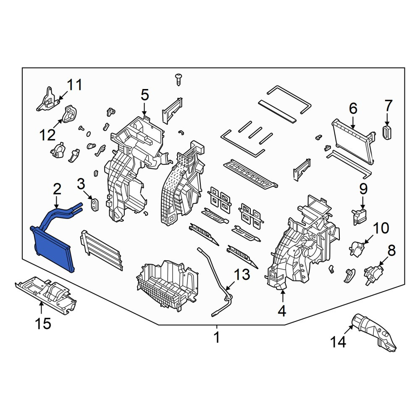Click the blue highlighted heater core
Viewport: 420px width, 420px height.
pos(52,247)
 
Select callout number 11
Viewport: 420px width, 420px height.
pos(74,85)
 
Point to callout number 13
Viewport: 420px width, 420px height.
pos(242,275)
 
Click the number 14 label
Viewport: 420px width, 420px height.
pos(338,342)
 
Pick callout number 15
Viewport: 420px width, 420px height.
pos(43,323)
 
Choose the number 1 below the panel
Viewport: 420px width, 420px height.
pos(217,337)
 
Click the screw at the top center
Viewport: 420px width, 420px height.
pos(178,79)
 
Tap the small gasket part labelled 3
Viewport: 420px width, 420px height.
pos(94,205)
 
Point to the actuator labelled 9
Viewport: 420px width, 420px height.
pos(359,217)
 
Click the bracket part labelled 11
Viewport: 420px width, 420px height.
pos(48,100)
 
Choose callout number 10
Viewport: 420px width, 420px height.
pos(381,228)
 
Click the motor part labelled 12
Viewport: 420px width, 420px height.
pos(70,113)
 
